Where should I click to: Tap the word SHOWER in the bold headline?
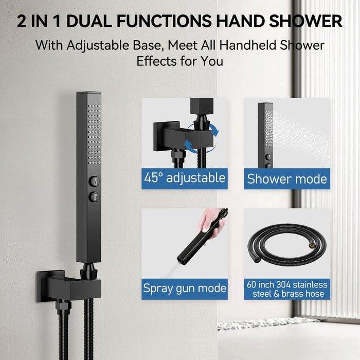click(x=306, y=22)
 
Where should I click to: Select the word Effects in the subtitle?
click(x=156, y=61)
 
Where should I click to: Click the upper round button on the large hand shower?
click(x=94, y=182)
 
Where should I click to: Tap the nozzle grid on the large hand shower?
click(x=94, y=134)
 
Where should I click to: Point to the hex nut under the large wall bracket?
click(x=63, y=305)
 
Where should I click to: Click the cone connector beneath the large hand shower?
click(x=88, y=271)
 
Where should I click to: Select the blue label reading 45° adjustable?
click(x=185, y=178)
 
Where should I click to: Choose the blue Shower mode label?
click(x=287, y=178)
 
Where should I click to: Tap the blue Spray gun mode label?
click(x=185, y=289)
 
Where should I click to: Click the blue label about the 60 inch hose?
click(x=287, y=289)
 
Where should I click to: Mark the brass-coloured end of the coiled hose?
click(x=312, y=246)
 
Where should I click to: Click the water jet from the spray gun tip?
click(x=172, y=271)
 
